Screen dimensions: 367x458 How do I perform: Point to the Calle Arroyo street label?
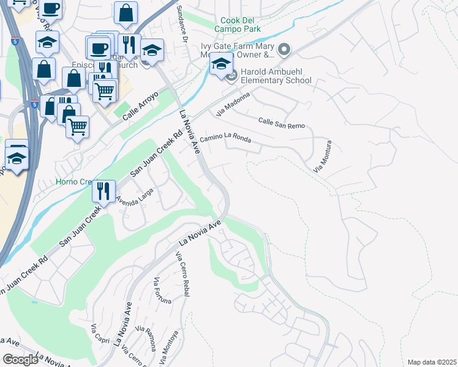click(x=140, y=105)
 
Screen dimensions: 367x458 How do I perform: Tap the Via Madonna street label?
click(x=233, y=104)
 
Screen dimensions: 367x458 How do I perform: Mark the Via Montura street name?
click(x=322, y=157)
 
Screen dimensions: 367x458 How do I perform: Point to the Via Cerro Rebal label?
click(x=182, y=275)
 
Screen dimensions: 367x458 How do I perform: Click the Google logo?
click(x=20, y=360)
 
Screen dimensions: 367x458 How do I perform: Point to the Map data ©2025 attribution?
click(x=432, y=362)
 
